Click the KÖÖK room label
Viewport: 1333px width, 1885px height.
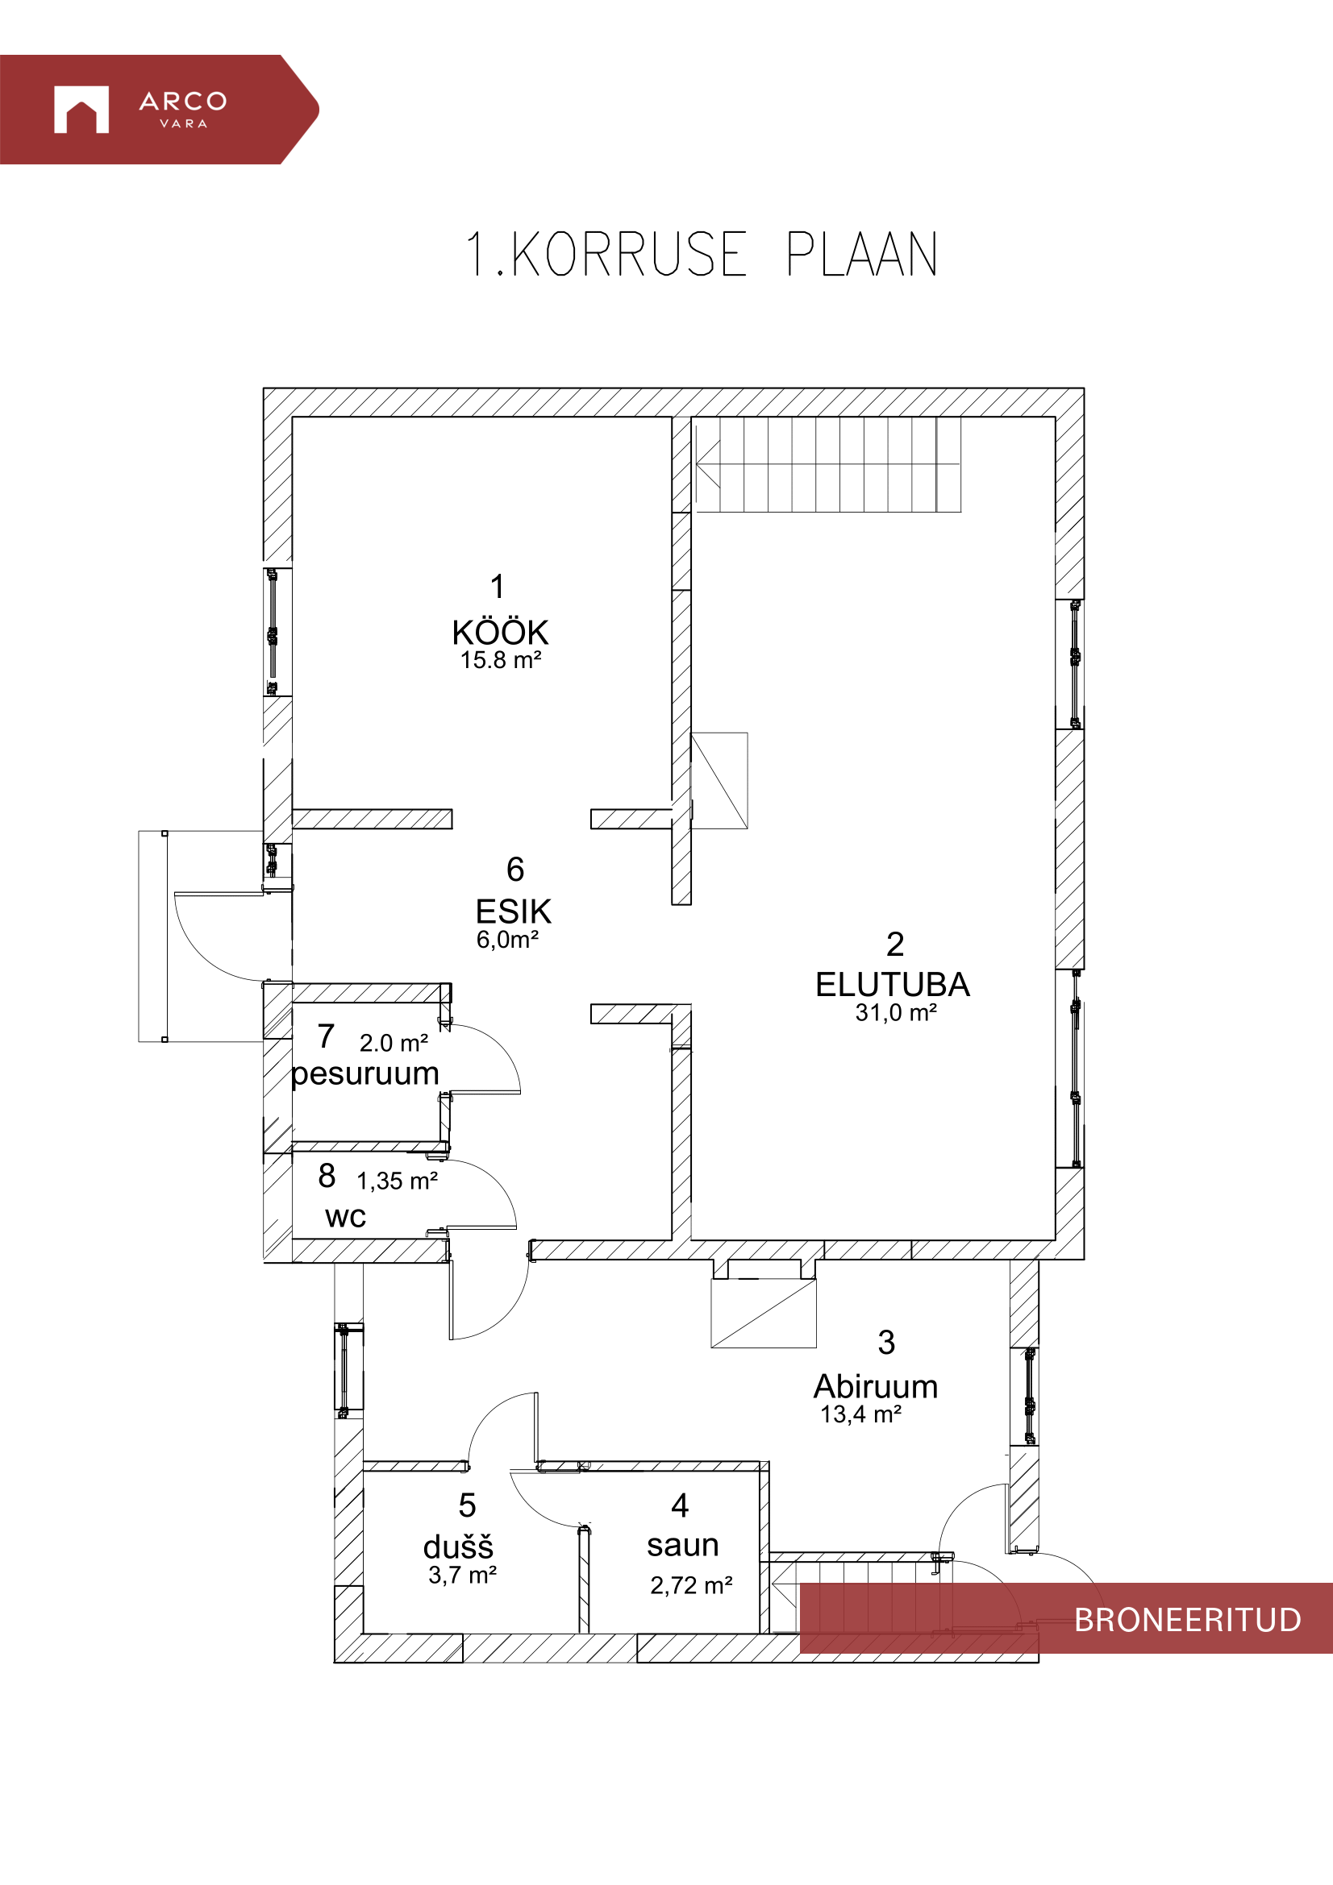click(499, 633)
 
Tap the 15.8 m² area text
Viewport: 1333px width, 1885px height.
click(500, 660)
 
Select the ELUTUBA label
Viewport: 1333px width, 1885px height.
click(892, 984)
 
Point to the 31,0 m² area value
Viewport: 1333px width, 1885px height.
click(896, 1012)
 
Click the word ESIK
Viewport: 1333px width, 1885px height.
click(514, 911)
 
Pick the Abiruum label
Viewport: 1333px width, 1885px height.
click(876, 1387)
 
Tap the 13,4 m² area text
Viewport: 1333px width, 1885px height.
click(860, 1414)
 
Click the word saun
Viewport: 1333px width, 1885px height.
click(682, 1545)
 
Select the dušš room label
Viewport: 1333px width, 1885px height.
click(458, 1547)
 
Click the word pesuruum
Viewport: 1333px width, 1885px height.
click(365, 1073)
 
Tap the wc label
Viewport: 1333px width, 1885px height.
click(345, 1216)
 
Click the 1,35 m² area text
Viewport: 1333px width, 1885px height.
click(397, 1181)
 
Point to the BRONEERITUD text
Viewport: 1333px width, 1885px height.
click(1188, 1620)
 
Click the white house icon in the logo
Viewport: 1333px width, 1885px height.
click(81, 109)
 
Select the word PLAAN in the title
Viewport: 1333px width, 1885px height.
click(861, 255)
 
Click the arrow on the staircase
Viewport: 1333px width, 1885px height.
click(708, 464)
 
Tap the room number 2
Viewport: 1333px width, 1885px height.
click(895, 945)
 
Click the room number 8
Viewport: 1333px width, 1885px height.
click(327, 1176)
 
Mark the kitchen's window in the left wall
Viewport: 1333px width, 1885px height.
click(273, 632)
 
